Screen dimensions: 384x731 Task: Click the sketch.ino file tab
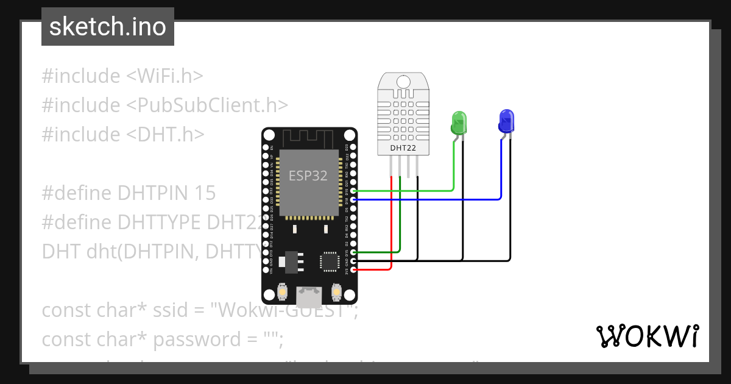tap(108, 27)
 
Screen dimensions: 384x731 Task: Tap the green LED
tap(458, 123)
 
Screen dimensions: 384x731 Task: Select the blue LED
tap(506, 121)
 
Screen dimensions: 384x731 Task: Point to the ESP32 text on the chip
tap(308, 176)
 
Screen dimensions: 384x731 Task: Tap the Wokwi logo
tap(647, 336)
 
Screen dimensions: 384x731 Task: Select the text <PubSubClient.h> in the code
tap(207, 105)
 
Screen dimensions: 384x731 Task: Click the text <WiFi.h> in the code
tap(164, 76)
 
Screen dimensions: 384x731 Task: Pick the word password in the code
tap(189, 339)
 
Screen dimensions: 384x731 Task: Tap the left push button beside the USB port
tap(283, 293)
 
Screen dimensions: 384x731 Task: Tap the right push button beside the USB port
tap(336, 293)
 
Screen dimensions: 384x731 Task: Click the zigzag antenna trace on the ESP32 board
tap(309, 139)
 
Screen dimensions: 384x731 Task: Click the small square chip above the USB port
tap(330, 261)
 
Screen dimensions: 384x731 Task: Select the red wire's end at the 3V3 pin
tap(355, 269)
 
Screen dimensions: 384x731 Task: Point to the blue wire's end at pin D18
tap(355, 199)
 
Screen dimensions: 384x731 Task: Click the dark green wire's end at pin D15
tap(355, 252)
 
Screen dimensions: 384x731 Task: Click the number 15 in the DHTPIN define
tap(205, 193)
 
